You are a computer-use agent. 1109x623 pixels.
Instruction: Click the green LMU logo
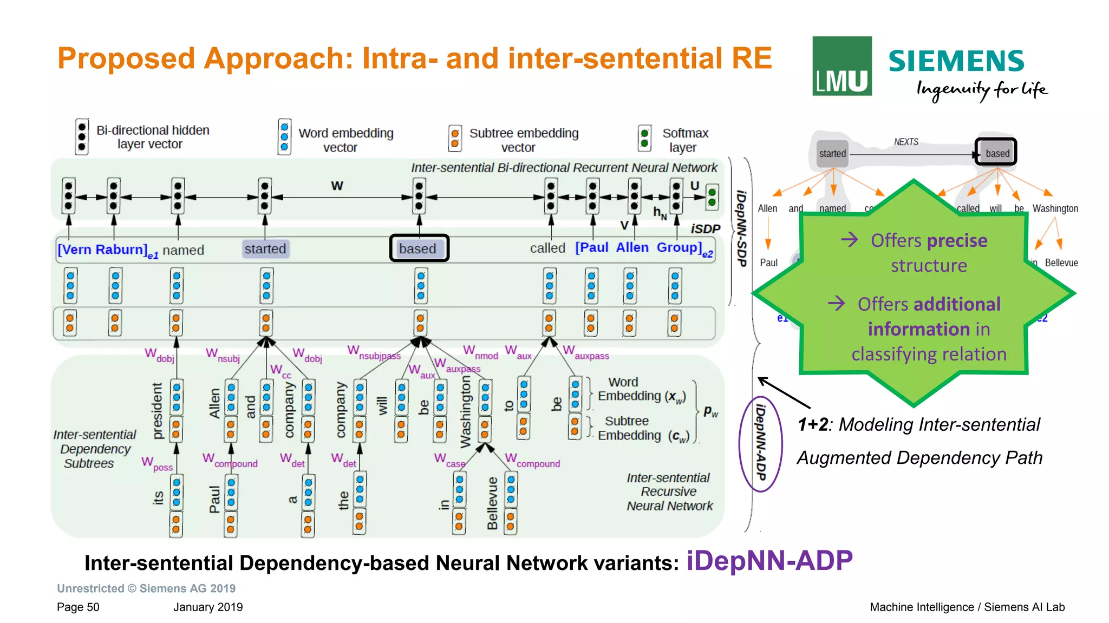(x=841, y=66)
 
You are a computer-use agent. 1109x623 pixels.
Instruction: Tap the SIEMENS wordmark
(x=956, y=61)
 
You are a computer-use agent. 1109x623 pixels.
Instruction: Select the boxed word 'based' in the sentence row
(x=419, y=248)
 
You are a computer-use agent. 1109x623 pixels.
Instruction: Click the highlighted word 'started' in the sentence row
(x=265, y=248)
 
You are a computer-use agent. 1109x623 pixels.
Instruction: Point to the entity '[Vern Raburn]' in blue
(x=103, y=250)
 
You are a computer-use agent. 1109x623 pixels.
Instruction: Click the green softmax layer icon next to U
(x=712, y=197)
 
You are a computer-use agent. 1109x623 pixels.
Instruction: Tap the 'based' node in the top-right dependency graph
(x=996, y=153)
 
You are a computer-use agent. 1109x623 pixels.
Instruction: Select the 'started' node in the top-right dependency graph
(x=832, y=153)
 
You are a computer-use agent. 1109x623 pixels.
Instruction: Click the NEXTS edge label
(x=906, y=142)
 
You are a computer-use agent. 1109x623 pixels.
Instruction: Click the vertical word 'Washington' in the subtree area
(x=466, y=412)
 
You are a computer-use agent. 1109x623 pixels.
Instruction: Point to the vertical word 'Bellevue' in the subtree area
(x=492, y=503)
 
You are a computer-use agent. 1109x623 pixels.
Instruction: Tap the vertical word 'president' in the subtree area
(x=157, y=411)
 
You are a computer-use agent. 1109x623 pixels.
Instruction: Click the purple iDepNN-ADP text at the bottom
(x=769, y=561)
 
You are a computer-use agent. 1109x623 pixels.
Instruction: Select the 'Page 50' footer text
(x=78, y=607)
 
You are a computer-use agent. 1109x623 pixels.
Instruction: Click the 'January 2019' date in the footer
(x=208, y=607)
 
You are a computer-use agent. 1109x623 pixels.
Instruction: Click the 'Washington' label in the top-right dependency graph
(x=1055, y=208)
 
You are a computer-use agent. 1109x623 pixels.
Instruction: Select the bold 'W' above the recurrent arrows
(x=337, y=186)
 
